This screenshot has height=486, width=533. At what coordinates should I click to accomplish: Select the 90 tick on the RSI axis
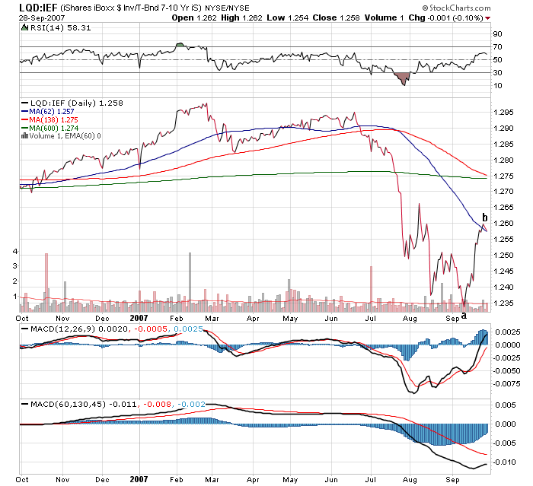coord(497,34)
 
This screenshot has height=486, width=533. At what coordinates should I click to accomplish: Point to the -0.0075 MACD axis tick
coord(506,384)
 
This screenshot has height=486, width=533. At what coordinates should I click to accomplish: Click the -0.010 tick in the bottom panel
coord(503,461)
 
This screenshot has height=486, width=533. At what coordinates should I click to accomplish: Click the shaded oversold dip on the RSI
coord(403,78)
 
